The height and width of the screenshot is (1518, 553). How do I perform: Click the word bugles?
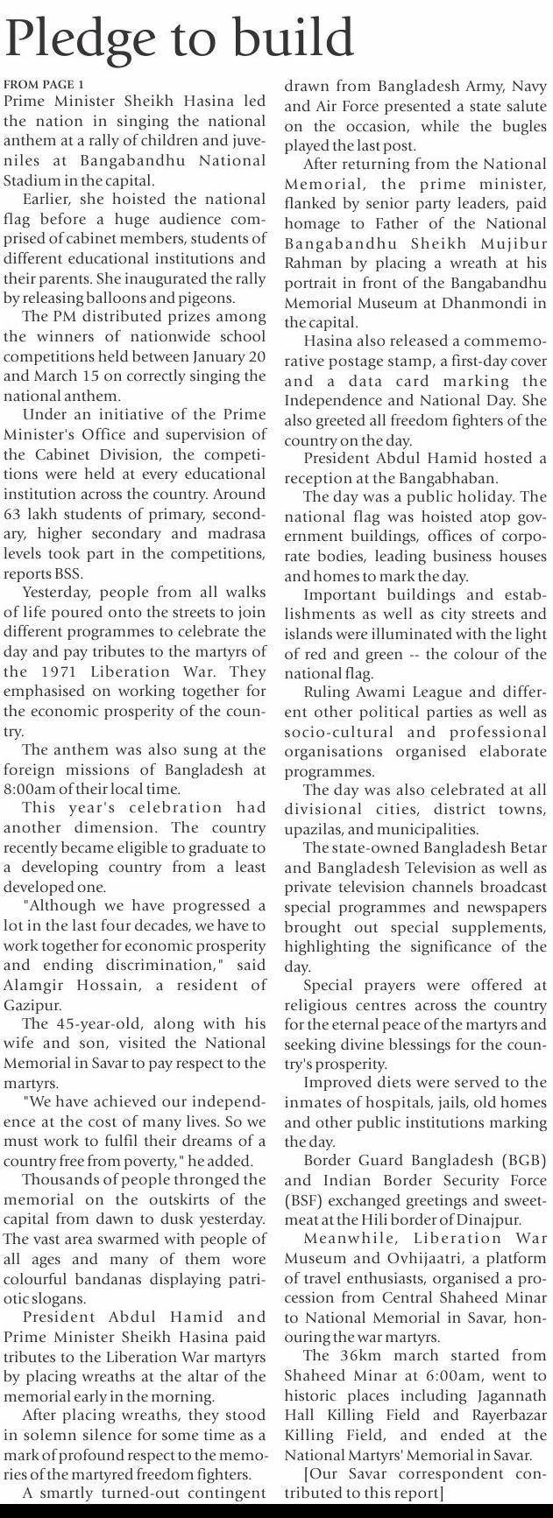coord(522,126)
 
